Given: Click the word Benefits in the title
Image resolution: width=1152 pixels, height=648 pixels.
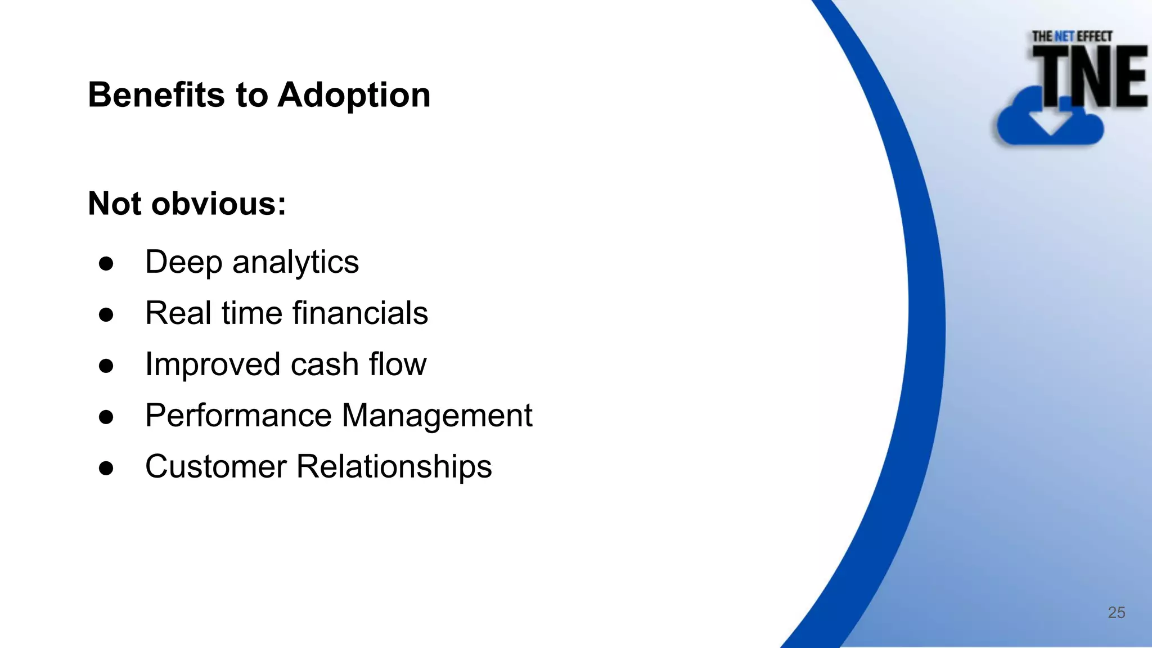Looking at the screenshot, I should [x=156, y=94].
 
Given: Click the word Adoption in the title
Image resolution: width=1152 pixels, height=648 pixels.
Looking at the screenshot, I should [x=354, y=94].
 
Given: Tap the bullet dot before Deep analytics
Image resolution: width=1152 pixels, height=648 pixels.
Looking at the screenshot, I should [x=106, y=263].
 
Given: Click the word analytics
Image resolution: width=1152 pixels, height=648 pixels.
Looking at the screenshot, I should [x=295, y=262].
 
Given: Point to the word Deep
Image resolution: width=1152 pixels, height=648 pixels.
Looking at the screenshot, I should [x=183, y=262].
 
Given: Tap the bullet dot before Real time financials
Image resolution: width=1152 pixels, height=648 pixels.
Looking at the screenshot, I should [x=106, y=314].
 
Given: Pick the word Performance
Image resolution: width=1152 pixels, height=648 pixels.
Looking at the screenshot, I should [x=238, y=416].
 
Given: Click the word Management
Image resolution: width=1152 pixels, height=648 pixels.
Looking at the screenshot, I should [x=436, y=416].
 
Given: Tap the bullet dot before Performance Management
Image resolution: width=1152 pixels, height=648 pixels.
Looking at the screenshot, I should [x=106, y=417].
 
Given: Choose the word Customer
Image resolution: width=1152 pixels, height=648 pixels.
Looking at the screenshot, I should [x=215, y=466].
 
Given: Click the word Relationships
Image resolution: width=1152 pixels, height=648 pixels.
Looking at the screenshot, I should [x=394, y=466].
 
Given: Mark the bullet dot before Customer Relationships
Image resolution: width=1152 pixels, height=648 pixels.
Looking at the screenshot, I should [x=106, y=468].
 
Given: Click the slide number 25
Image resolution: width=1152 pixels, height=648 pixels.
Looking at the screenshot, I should [x=1116, y=613].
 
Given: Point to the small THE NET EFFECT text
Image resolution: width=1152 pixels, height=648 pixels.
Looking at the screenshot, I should [x=1072, y=37].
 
